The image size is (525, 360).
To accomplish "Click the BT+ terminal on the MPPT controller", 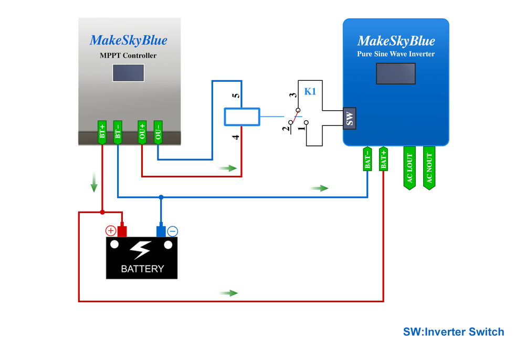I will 102,132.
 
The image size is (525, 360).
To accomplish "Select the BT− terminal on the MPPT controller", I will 118,132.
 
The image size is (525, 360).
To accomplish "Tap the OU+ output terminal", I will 142,132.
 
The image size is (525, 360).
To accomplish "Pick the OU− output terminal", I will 158,132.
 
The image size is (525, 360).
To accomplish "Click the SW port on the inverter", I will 350,118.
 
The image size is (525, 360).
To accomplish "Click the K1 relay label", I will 310,91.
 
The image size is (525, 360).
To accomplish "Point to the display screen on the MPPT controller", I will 128,73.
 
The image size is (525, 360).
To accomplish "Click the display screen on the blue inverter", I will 395,73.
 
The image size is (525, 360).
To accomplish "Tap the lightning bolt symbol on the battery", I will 141,250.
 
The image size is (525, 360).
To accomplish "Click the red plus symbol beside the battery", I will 111,231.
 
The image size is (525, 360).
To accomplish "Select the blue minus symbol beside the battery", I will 173,231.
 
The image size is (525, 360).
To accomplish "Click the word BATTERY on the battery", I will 142,269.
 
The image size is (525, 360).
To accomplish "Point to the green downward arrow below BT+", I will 94,181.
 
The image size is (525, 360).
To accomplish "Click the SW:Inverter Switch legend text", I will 453,332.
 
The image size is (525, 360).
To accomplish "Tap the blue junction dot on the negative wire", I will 161,197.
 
